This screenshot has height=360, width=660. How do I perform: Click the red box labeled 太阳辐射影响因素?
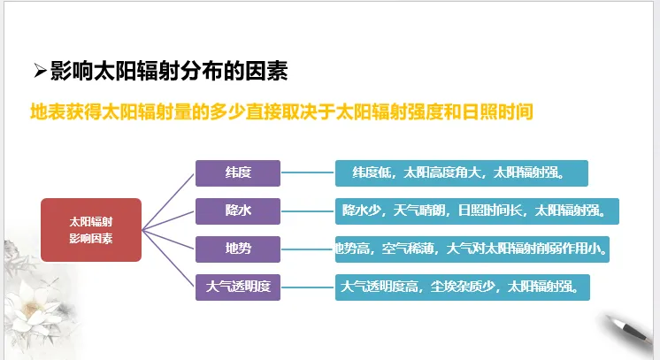pyautogui.click(x=91, y=230)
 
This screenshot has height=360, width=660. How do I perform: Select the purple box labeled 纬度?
pyautogui.click(x=237, y=173)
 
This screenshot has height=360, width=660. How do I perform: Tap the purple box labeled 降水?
pyautogui.click(x=237, y=211)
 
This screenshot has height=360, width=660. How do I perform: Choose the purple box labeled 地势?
pyautogui.click(x=237, y=249)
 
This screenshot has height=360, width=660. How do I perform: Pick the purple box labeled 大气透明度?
pyautogui.click(x=237, y=286)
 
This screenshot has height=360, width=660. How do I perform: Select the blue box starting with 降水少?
pyautogui.click(x=477, y=211)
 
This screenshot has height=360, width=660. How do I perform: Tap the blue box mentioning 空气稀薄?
pyautogui.click(x=474, y=249)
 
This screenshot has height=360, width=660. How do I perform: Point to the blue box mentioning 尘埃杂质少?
pyautogui.click(x=462, y=286)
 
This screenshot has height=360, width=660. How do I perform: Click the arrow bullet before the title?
pyautogui.click(x=39, y=71)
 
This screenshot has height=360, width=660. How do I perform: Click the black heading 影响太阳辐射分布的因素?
pyautogui.click(x=168, y=71)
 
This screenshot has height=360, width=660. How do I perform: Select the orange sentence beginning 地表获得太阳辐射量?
pyautogui.click(x=280, y=113)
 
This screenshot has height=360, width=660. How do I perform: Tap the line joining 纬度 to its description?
pyautogui.click(x=308, y=173)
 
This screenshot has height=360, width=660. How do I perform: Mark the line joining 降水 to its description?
pyautogui.click(x=308, y=211)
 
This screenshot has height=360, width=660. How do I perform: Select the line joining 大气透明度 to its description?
pyautogui.click(x=308, y=286)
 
